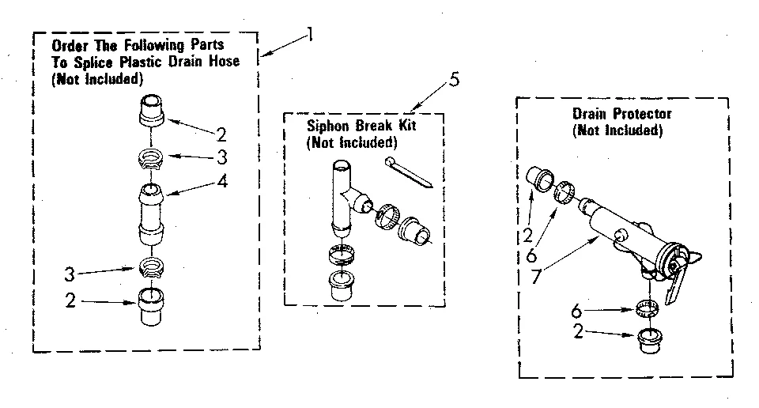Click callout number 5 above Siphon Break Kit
453,79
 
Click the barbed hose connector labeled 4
152,212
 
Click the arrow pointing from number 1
281,45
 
